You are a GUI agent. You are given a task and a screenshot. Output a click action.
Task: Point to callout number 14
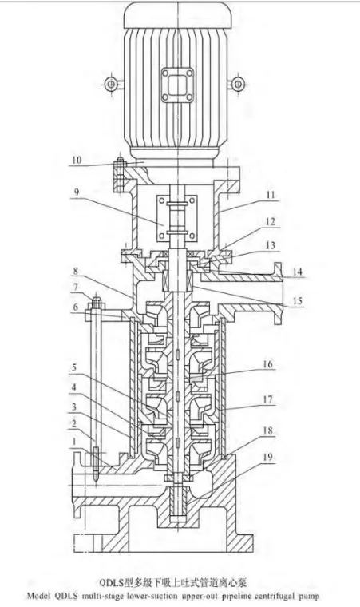[297, 272]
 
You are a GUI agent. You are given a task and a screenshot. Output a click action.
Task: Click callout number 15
[297, 301]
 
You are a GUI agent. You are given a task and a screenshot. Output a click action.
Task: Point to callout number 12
[271, 221]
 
